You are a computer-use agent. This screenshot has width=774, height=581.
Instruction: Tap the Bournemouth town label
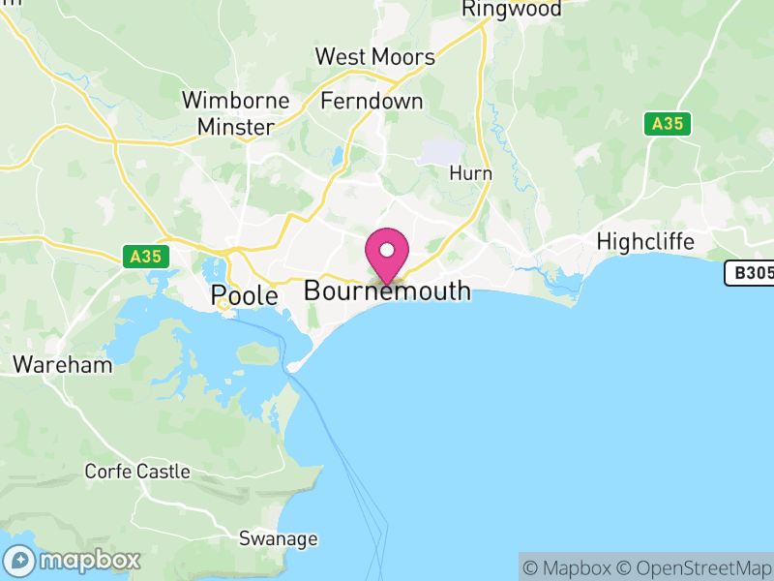point(387,290)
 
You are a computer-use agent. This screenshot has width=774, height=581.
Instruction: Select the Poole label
point(245,295)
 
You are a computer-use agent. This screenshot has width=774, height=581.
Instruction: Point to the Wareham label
point(62,365)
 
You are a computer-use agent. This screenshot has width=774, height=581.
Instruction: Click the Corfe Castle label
point(136,472)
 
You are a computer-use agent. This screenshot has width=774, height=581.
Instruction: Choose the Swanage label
point(279,538)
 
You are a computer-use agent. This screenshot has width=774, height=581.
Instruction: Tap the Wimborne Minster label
point(235,112)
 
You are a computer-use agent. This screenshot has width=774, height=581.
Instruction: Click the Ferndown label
point(372,101)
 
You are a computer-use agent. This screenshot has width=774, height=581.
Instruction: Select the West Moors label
point(375,57)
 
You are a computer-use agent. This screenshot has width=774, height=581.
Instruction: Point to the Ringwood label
point(512,10)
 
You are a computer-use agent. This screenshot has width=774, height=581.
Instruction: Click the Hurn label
point(471,173)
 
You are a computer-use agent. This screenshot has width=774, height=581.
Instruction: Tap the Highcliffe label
point(645,240)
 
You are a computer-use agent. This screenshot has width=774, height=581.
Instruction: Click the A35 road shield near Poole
point(147,257)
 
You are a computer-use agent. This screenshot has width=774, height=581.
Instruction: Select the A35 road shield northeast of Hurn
point(668,124)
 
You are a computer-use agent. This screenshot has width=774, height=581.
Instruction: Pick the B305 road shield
point(751,273)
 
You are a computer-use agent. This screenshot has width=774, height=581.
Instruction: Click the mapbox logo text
point(89,560)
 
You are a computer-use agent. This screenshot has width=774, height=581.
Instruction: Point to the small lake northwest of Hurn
point(441,150)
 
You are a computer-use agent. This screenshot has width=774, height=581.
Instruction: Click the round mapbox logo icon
point(19,560)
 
